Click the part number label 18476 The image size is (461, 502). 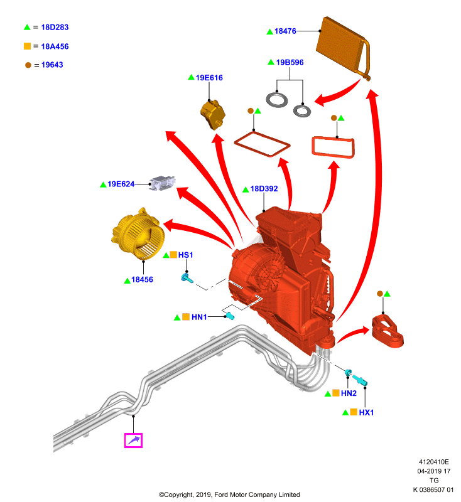click(285, 31)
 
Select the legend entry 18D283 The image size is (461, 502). click(55, 27)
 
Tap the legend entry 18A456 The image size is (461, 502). click(55, 46)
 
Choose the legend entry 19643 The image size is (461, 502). click(52, 65)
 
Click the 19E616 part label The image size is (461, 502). click(209, 77)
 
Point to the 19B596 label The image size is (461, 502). click(290, 62)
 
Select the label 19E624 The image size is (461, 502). click(121, 184)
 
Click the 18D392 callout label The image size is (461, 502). click(264, 189)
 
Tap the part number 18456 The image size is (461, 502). click(142, 279)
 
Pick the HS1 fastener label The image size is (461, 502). click(185, 255)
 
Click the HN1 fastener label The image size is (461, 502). click(199, 317)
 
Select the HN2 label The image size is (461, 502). click(349, 393)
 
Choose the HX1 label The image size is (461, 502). click(366, 412)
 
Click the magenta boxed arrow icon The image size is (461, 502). click(133, 441)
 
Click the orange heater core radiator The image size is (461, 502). click(343, 48)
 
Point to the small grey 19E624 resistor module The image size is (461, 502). click(163, 183)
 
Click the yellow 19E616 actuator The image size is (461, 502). click(213, 115)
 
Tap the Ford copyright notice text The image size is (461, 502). click(229, 494)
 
